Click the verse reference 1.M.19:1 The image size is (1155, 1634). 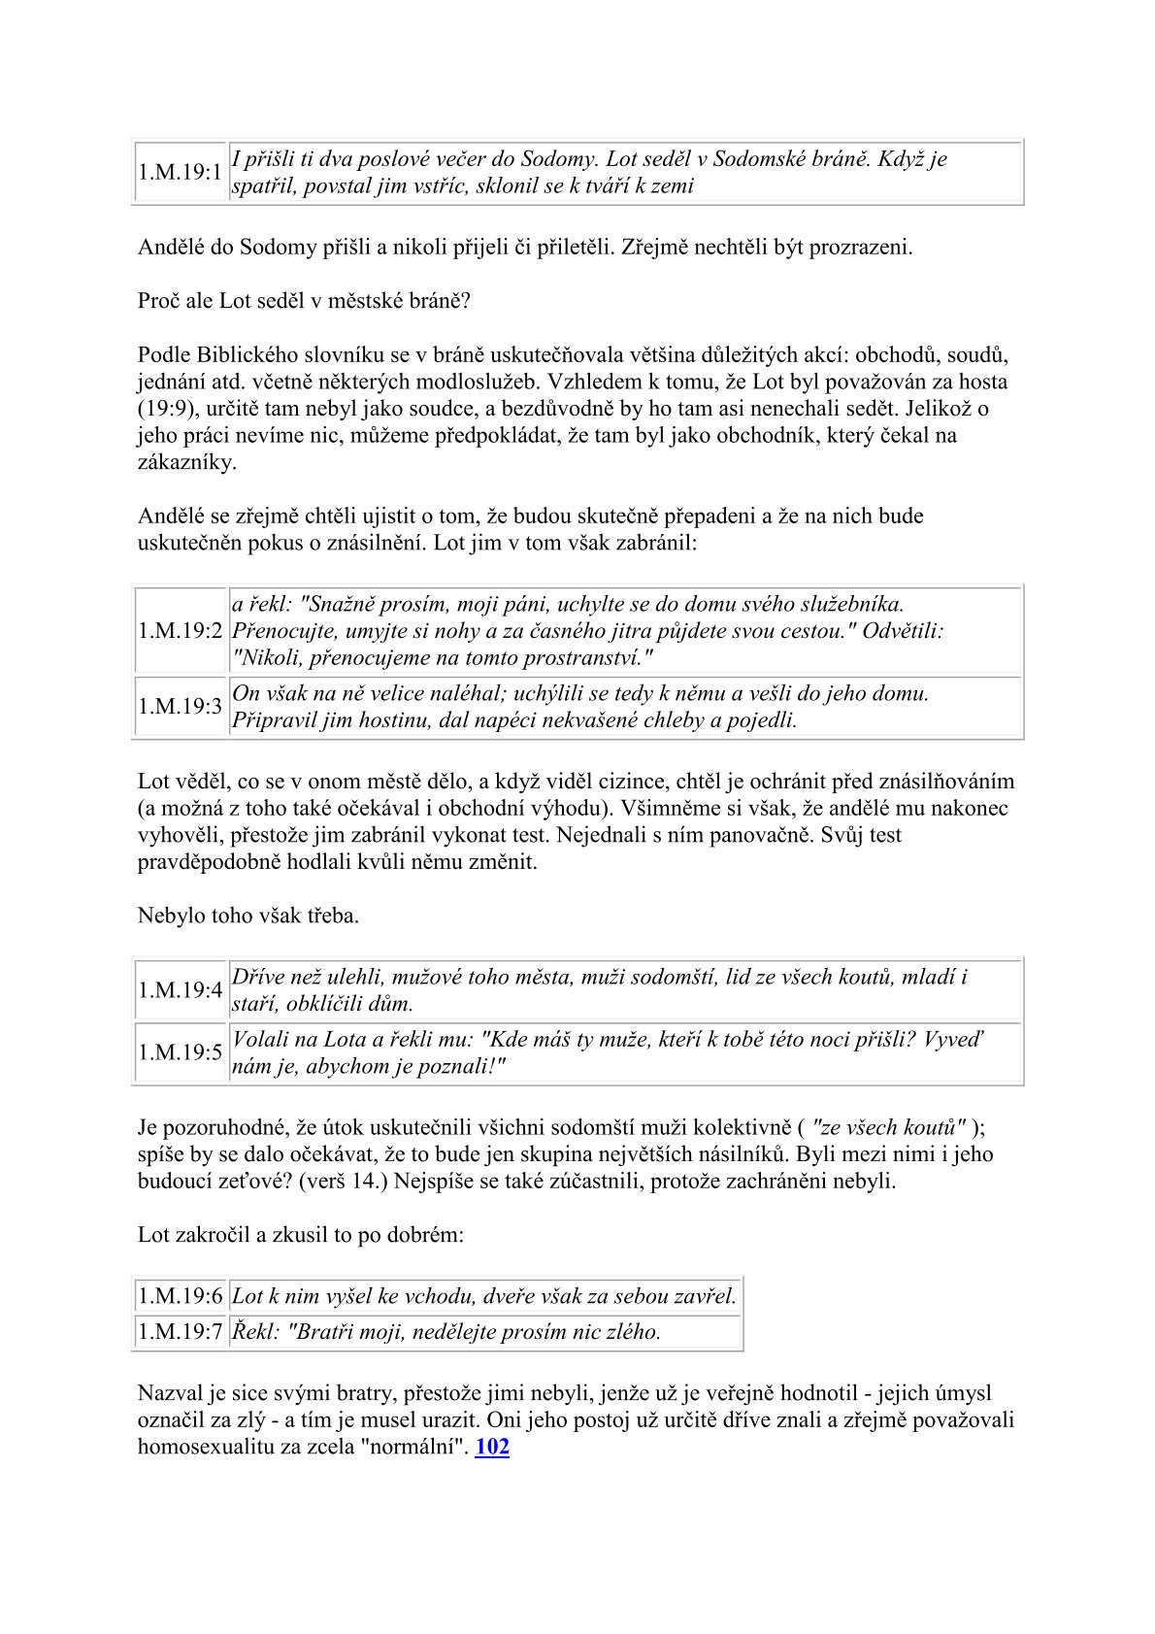pyautogui.click(x=181, y=173)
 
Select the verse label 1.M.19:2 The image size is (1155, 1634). pyautogui.click(x=181, y=631)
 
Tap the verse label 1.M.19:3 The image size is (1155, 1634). pyautogui.click(x=181, y=706)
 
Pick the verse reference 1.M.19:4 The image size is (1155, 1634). pyautogui.click(x=181, y=990)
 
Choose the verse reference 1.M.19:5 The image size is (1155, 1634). pyautogui.click(x=181, y=1052)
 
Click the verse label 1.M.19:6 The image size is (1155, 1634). pyautogui.click(x=181, y=1296)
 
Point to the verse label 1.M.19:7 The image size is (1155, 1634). pyautogui.click(x=181, y=1331)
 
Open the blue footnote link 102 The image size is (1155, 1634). pyautogui.click(x=492, y=1447)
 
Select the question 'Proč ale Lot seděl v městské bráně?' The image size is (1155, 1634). pyautogui.click(x=304, y=300)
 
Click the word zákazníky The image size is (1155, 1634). pyautogui.click(x=186, y=462)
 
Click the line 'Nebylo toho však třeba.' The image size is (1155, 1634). pyautogui.click(x=248, y=916)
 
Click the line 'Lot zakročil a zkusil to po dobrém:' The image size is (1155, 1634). pyautogui.click(x=301, y=1235)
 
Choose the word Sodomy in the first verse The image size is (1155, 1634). pyautogui.click(x=555, y=159)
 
